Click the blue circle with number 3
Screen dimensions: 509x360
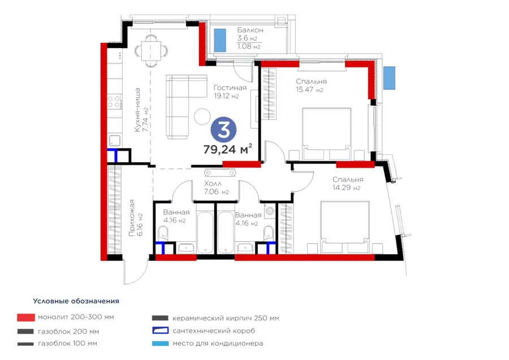tap(223, 130)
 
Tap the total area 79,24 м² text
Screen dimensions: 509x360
tap(227, 149)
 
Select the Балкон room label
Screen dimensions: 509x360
tap(250, 30)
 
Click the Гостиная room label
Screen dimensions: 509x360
tap(230, 88)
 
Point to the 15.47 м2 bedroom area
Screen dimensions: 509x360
tap(309, 89)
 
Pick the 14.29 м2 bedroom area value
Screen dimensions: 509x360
tap(346, 187)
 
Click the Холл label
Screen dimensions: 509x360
tap(213, 183)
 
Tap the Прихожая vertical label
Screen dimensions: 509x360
tap(131, 217)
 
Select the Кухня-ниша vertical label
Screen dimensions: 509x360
tap(137, 110)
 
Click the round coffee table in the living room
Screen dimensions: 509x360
tap(202, 116)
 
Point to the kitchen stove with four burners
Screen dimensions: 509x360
tap(115, 101)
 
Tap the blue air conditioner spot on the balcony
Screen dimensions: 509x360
tap(220, 40)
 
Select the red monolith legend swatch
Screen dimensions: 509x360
tap(26, 318)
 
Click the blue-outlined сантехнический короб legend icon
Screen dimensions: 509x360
tap(161, 331)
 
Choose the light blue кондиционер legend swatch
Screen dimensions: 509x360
tap(161, 344)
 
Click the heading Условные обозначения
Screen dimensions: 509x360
tap(76, 301)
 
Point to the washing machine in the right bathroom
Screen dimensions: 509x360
tap(270, 211)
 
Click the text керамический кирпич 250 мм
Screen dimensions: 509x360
tap(226, 318)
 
